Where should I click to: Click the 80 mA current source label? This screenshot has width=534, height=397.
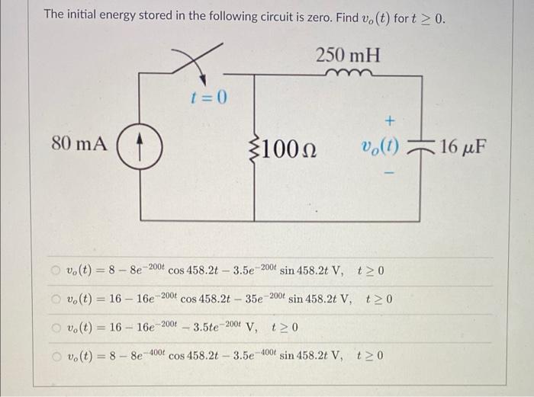[79, 142]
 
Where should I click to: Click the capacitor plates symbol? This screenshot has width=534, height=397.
[422, 145]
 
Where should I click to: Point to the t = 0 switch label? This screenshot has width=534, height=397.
[209, 98]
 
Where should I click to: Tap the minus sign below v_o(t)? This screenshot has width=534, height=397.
[390, 174]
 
